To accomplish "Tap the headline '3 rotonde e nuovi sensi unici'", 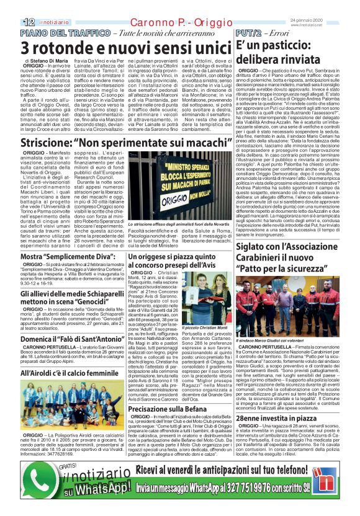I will click(117, 47).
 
